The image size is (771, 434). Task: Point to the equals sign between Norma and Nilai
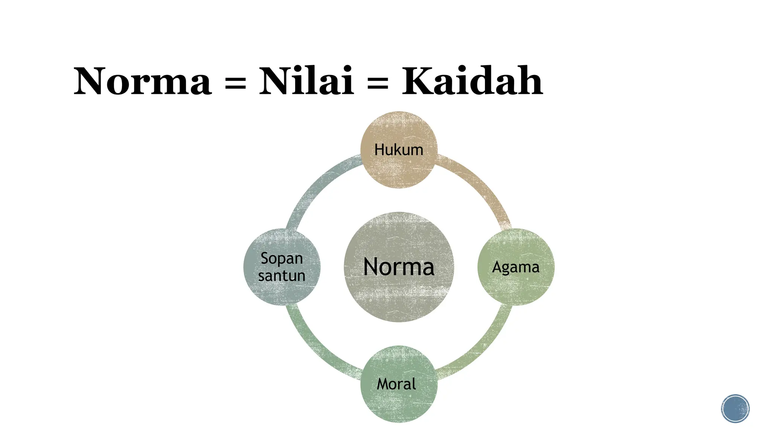[235, 84]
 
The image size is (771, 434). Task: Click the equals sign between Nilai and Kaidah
[378, 84]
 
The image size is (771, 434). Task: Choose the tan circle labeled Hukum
[399, 166]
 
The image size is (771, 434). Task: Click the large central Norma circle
[399, 294]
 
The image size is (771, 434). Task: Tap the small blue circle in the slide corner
[735, 408]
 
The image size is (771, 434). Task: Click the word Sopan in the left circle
[282, 258]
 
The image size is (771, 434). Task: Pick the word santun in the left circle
[282, 276]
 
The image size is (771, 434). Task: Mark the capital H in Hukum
[379, 150]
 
